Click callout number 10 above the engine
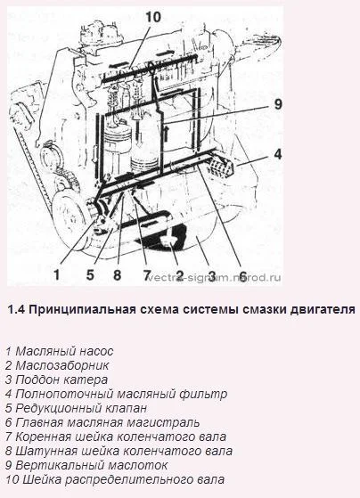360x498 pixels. [153, 17]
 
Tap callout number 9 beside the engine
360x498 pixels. [278, 104]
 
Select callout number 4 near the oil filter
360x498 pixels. [277, 154]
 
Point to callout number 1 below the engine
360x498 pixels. [56, 274]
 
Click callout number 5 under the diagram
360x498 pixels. [90, 274]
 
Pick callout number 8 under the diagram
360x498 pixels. [118, 274]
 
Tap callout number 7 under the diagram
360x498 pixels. [146, 274]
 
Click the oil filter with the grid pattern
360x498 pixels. [222, 167]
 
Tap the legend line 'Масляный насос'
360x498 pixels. [59, 351]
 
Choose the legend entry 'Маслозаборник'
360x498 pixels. [57, 365]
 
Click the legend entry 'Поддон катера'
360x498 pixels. [56, 380]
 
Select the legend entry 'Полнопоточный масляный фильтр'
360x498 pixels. [116, 394]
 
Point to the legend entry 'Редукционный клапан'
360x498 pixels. [76, 408]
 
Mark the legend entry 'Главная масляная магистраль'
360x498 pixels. [102, 423]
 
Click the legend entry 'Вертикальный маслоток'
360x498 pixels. [86, 465]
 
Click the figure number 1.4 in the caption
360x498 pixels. [16, 309]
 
